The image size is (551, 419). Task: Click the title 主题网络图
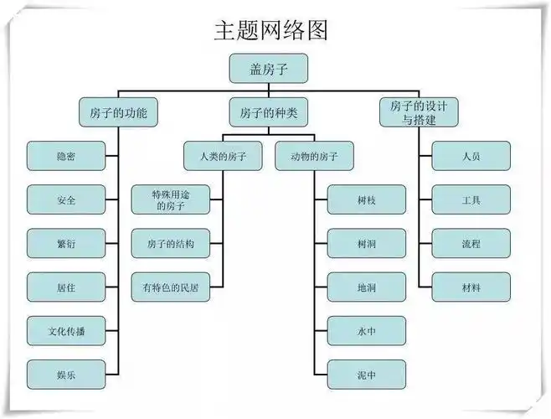[270, 30]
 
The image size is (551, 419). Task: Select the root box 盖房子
[268, 70]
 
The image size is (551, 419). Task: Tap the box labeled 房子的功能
[118, 112]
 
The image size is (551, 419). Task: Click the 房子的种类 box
[268, 112]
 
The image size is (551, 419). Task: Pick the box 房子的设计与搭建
[419, 112]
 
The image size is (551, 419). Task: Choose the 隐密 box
[66, 157]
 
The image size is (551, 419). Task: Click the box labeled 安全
[66, 200]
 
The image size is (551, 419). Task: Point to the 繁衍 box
[66, 244]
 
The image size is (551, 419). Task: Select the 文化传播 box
[66, 331]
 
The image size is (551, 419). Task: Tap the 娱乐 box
[66, 375]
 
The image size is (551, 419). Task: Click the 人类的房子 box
[223, 157]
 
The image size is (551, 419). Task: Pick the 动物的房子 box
[314, 157]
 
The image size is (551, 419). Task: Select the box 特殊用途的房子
[170, 199]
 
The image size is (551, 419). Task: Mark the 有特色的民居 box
[170, 287]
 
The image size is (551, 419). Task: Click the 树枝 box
[366, 200]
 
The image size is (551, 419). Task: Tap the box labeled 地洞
[366, 287]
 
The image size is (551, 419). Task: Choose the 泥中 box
[366, 375]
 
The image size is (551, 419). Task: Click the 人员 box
[471, 157]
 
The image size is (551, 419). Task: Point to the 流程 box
[471, 244]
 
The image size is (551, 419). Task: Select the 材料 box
[471, 287]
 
